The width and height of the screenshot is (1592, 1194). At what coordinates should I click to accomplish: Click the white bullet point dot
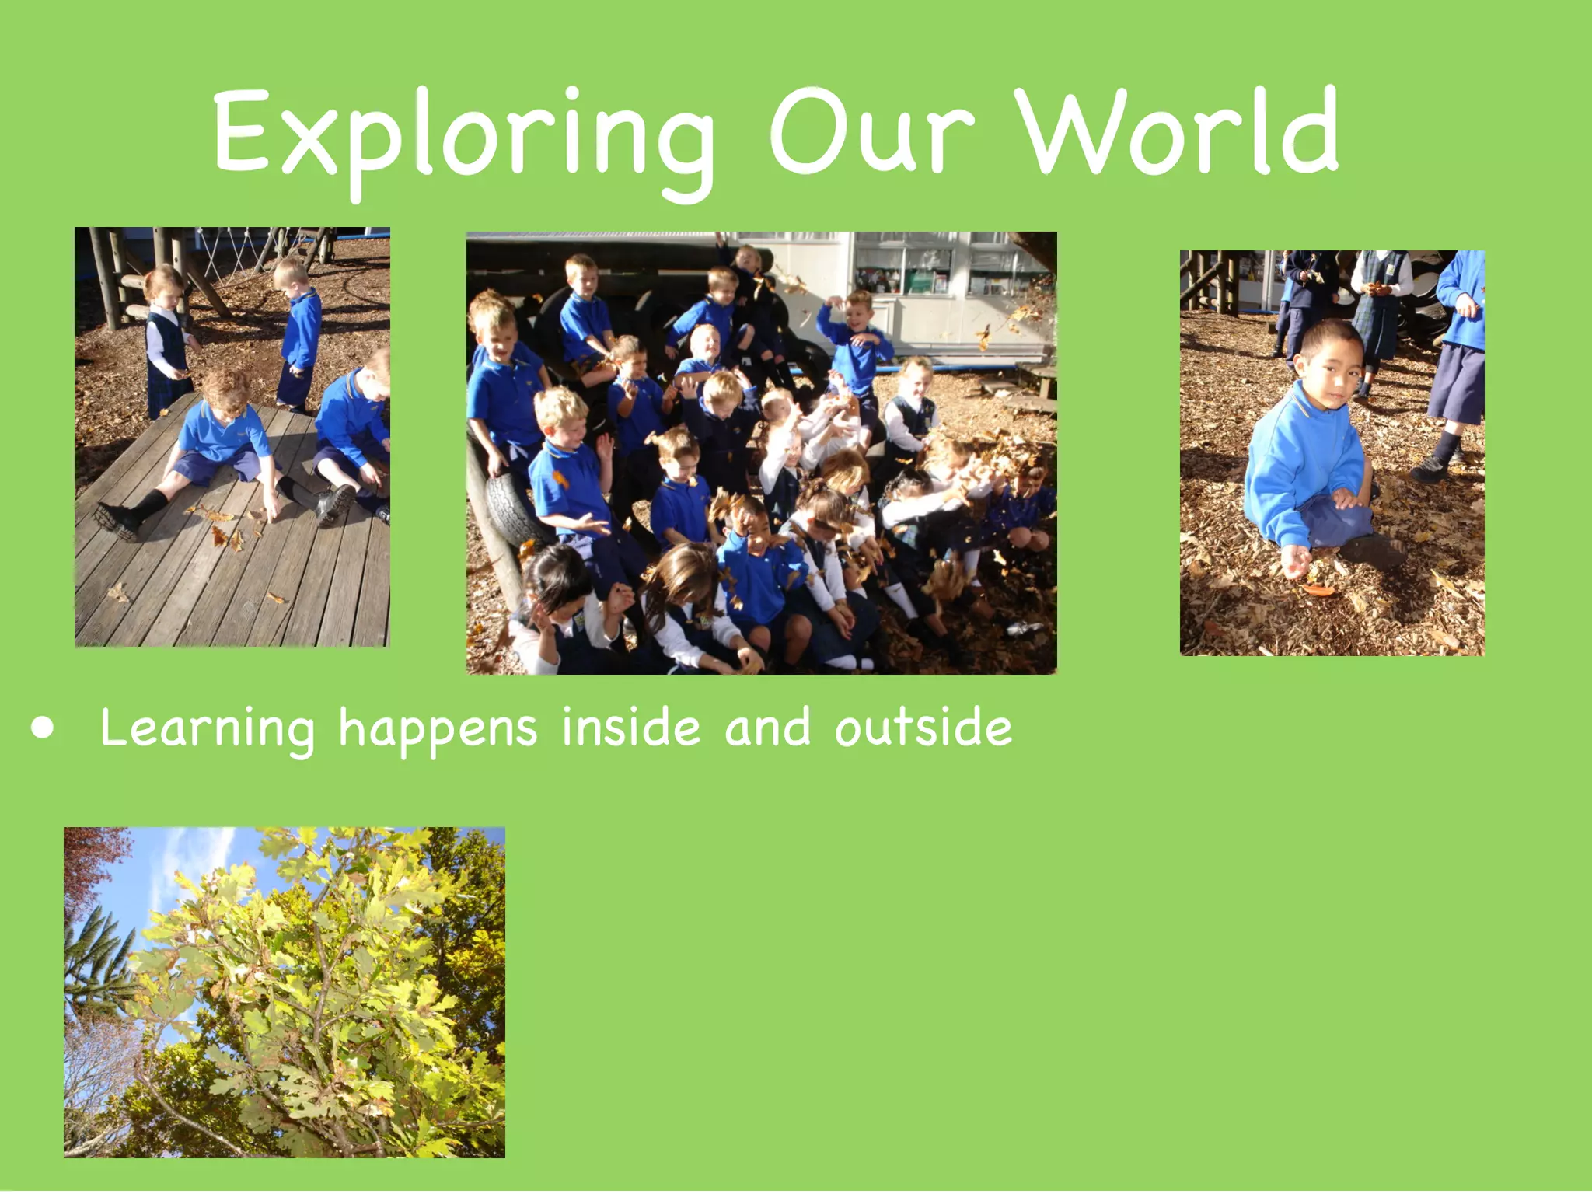44,728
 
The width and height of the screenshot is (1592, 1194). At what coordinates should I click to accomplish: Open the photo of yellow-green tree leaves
285,992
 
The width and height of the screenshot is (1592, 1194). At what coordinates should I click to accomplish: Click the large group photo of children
761,452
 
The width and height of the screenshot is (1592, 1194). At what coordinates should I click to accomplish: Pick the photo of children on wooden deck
232,437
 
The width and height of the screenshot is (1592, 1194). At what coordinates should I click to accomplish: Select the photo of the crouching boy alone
1332,452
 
